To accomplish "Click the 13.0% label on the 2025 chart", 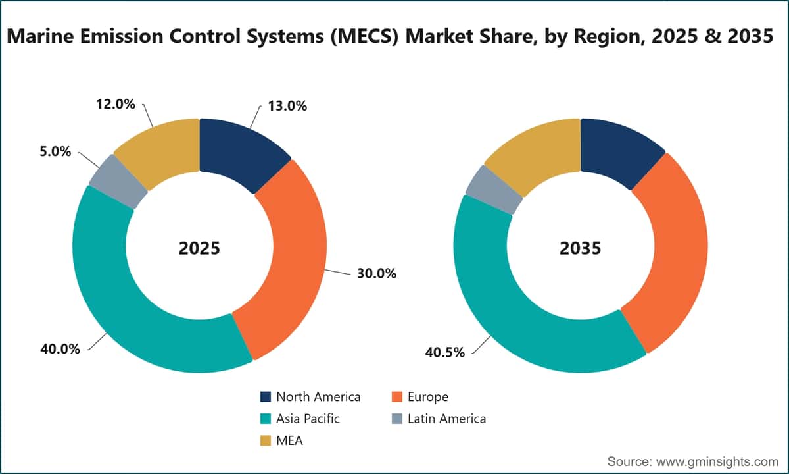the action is pos(287,106).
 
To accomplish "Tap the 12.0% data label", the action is pos(116,104).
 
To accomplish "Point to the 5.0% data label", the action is pos(55,151).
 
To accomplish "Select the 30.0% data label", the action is pos(377,273).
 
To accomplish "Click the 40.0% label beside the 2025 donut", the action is pos(60,349).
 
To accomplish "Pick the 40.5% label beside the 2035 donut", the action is pos(445,352).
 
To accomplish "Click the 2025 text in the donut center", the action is pos(199,248).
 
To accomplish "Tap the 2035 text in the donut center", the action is pos(580,248).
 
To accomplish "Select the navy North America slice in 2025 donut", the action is pos(243,151).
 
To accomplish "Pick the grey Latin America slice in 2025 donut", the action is pos(118,182).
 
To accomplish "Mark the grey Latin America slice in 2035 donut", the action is pos(494,190).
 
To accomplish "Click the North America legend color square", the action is pos(266,397).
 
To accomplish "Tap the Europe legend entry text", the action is pos(428,397).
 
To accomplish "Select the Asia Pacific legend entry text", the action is pos(308,419).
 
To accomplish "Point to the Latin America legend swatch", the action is pos(397,419).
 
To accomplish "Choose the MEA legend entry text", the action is pos(289,441).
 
